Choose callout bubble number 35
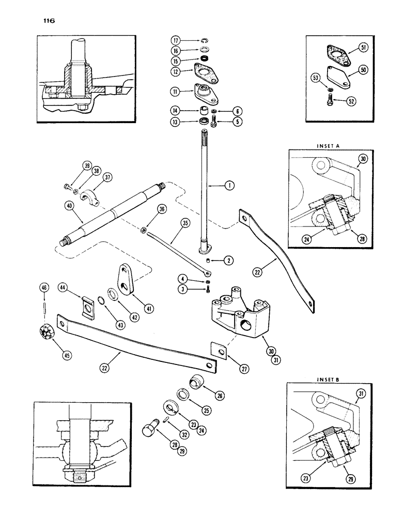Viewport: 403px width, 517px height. click(172, 225)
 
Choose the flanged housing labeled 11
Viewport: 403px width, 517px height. click(204, 95)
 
